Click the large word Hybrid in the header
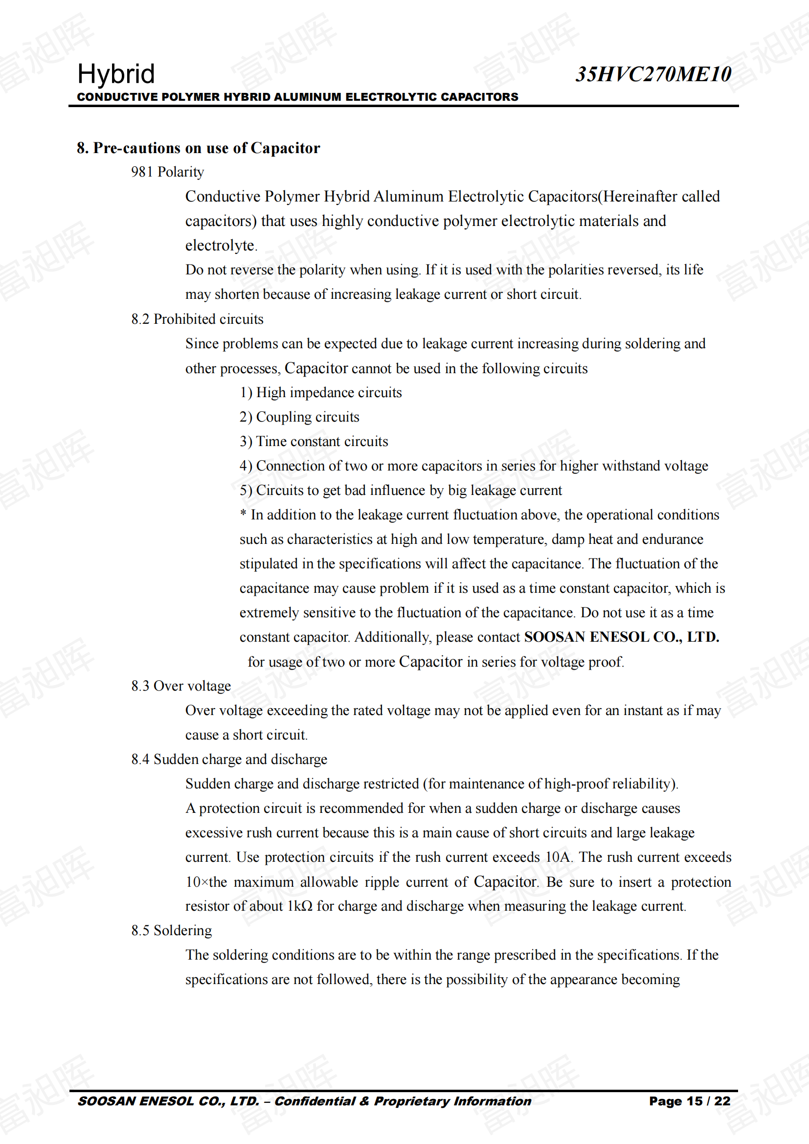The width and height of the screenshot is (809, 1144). tap(115, 74)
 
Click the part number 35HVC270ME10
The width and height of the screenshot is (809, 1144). tap(653, 74)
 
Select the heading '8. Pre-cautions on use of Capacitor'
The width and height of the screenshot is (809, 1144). tap(198, 148)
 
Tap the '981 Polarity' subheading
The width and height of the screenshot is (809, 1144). tap(167, 172)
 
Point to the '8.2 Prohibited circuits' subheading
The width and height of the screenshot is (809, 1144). tap(197, 319)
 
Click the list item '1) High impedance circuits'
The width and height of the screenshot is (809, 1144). tap(320, 393)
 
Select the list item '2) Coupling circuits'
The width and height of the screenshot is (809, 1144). tap(299, 417)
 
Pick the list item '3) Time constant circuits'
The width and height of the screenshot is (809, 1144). tap(314, 442)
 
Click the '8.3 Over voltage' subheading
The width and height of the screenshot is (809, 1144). tap(181, 686)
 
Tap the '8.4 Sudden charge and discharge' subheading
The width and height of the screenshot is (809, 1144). tap(229, 760)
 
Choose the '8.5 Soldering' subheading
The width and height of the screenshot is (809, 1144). tap(171, 930)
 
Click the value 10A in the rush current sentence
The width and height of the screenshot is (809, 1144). tap(558, 857)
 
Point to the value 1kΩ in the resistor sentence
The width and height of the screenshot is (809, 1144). tap(300, 906)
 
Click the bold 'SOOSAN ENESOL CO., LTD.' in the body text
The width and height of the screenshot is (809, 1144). tap(621, 637)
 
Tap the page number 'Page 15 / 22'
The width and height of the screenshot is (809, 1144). tap(690, 1100)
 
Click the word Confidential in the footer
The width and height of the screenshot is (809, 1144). tap(315, 1100)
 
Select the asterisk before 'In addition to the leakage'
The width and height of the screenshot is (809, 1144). tap(243, 514)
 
